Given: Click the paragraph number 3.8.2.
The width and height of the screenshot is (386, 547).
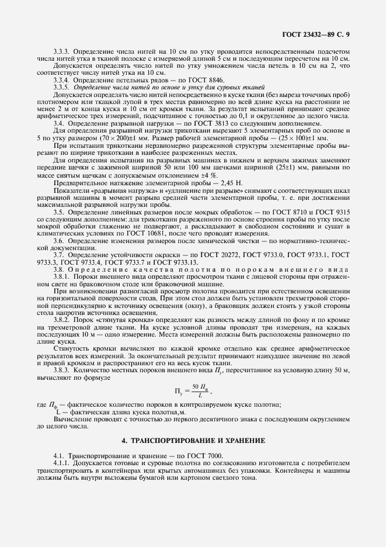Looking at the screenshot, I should (x=60, y=322).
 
